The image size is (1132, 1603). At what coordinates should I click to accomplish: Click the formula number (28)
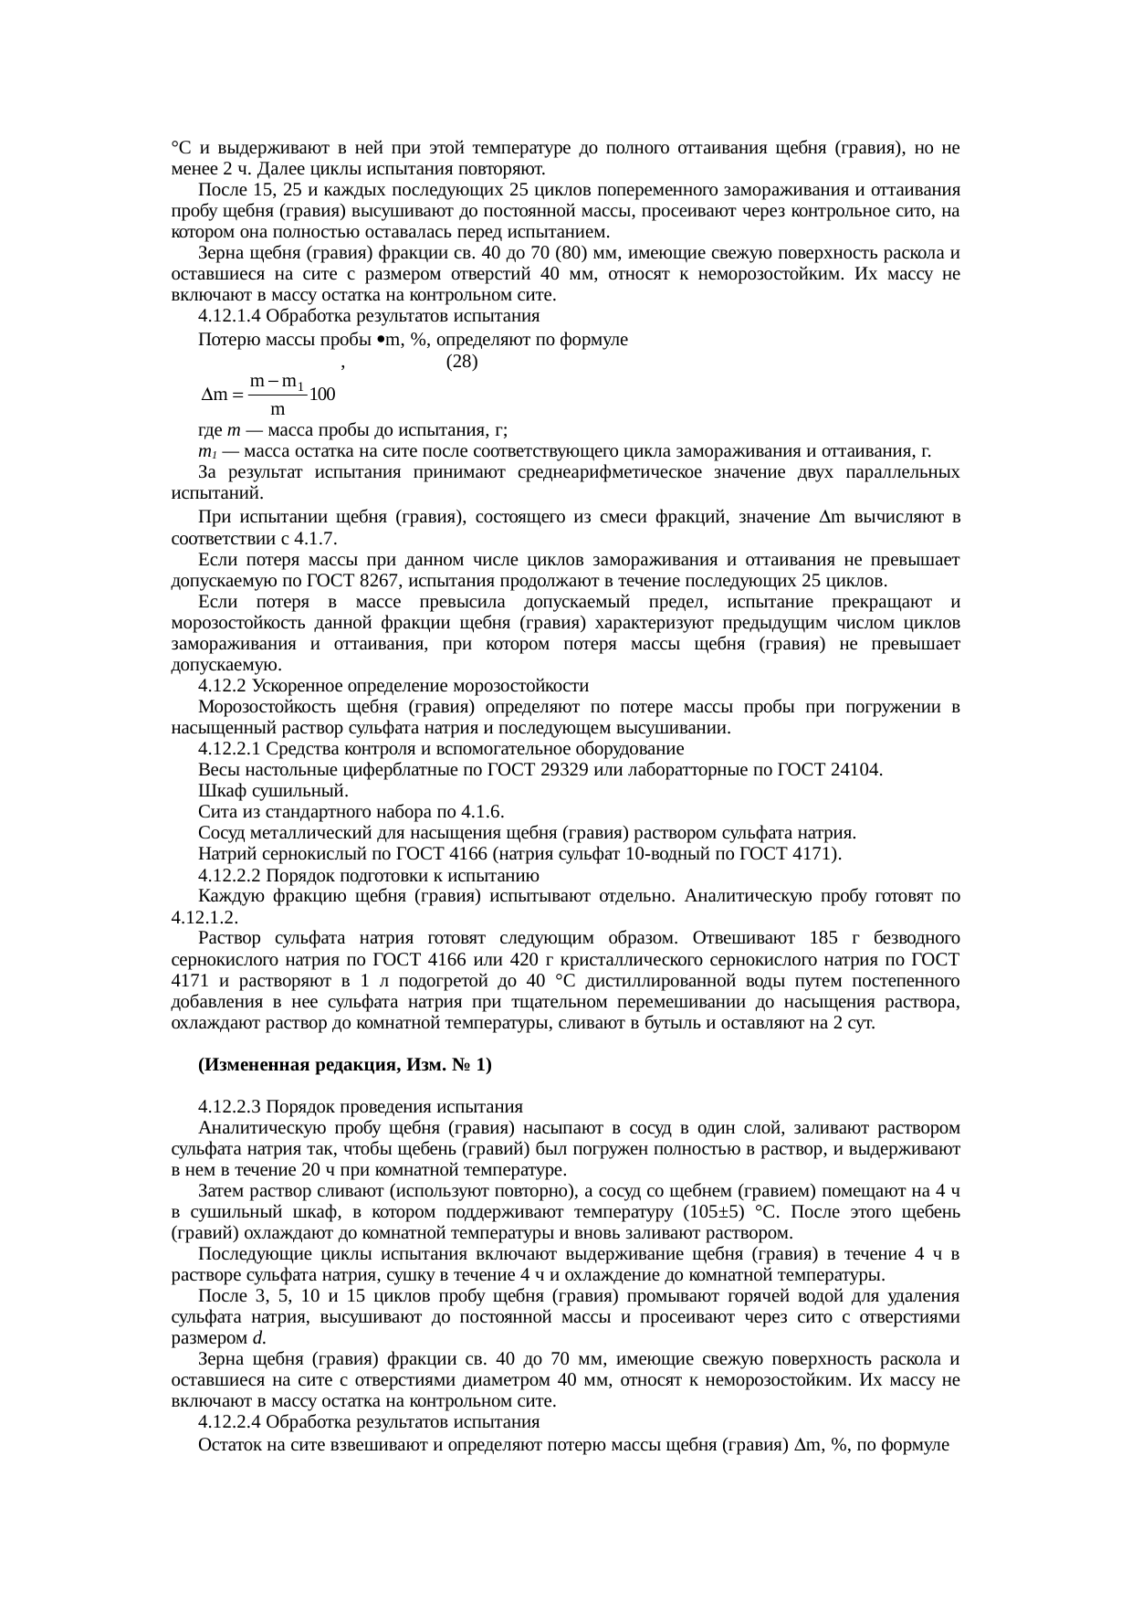461,362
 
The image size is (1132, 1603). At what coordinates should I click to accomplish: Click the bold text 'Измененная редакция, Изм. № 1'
345,1064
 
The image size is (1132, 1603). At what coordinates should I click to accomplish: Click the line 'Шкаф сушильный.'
272,791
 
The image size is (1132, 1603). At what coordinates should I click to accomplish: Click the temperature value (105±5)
718,1212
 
